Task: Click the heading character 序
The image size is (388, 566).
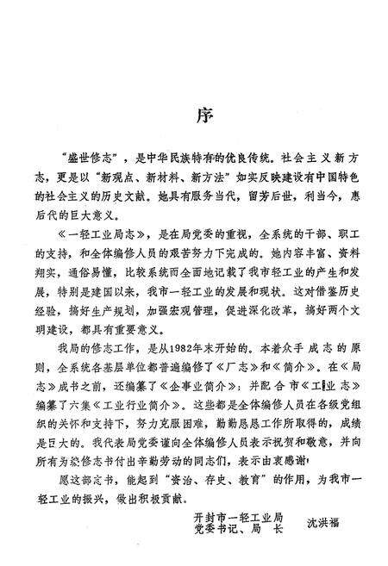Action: pos(194,115)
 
